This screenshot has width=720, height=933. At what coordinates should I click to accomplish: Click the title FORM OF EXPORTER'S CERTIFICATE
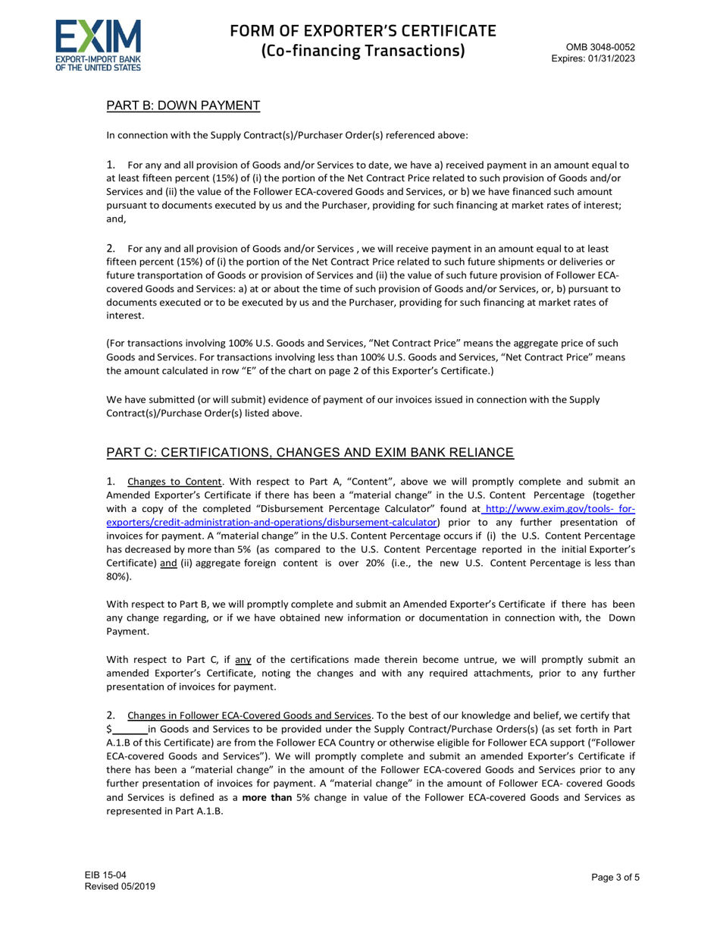[363, 31]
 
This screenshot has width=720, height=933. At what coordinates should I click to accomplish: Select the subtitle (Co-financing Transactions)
[363, 52]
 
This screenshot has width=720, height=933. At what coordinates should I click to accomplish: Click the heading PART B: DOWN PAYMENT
[183, 105]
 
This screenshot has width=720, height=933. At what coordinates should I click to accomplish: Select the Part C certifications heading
[310, 453]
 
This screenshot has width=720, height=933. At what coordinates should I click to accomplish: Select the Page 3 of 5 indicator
[615, 878]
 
